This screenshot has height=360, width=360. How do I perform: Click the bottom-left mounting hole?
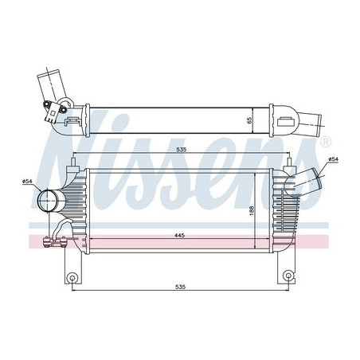click(72, 278)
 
